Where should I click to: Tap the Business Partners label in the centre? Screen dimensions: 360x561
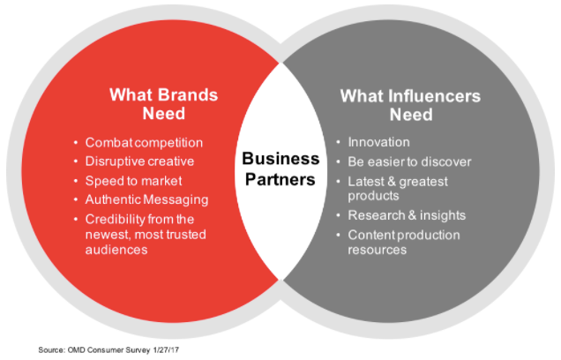click(280, 169)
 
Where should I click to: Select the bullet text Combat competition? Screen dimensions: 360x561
click(144, 142)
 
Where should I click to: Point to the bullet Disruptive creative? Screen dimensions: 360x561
click(140, 161)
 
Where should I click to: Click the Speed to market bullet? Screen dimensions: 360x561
click(133, 180)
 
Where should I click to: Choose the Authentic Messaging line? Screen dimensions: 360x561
click(146, 199)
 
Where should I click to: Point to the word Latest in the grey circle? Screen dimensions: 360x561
click(369, 181)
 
